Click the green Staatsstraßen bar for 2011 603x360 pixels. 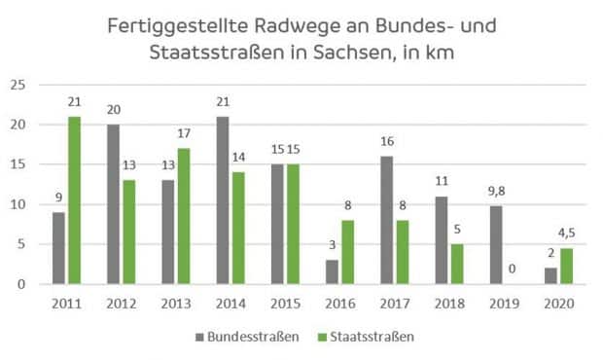(74, 200)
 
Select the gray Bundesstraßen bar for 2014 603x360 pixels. (222, 200)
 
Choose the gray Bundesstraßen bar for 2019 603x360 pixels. (496, 245)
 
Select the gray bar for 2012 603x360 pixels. (113, 204)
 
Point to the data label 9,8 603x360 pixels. (496, 190)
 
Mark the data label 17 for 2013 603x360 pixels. (183, 134)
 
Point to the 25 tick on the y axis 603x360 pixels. (18, 85)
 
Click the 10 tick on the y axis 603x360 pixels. (18, 204)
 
